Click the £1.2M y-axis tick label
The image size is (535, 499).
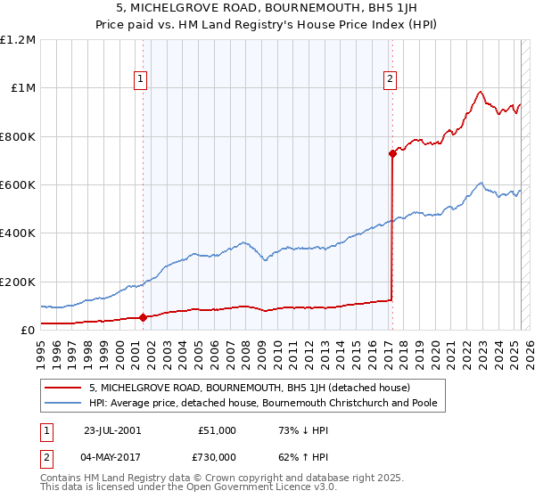tap(18, 40)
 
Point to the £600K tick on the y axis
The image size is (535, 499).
tap(18, 185)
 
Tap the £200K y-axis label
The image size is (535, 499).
tap(18, 282)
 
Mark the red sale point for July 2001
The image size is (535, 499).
tap(144, 317)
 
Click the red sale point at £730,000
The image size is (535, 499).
tap(391, 153)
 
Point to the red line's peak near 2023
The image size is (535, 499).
tap(480, 91)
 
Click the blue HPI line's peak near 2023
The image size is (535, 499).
tap(481, 184)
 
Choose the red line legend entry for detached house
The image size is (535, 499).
tap(249, 388)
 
